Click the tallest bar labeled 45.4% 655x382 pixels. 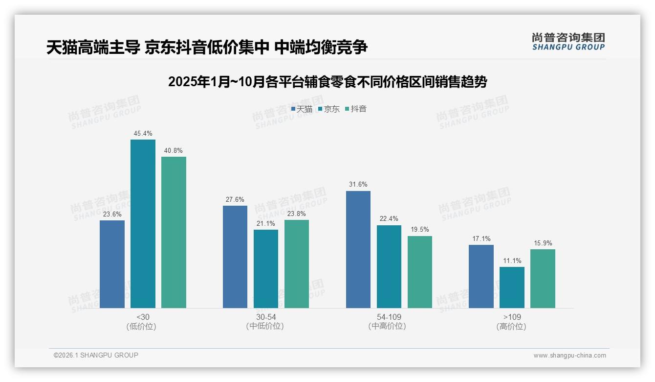click(143, 224)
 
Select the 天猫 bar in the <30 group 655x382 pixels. click(112, 264)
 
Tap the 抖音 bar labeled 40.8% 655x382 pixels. click(174, 232)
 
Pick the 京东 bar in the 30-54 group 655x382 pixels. click(266, 269)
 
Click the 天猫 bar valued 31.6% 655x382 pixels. click(358, 249)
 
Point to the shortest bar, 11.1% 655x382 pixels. click(512, 287)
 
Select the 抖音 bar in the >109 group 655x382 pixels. click(543, 279)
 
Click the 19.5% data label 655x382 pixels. click(420, 229)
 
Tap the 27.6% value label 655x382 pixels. click(235, 199)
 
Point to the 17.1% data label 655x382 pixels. click(481, 239)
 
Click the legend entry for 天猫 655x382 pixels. click(302, 109)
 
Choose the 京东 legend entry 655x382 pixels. click(328, 109)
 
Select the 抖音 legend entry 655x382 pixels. click(355, 109)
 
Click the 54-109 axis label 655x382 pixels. click(389, 317)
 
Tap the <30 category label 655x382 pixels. click(143, 317)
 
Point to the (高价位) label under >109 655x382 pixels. click(512, 327)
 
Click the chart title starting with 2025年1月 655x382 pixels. click(327, 82)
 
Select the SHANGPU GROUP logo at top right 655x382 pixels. click(568, 42)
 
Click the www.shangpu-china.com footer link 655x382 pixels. click(569, 356)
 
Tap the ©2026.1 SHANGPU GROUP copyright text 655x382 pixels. click(96, 355)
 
